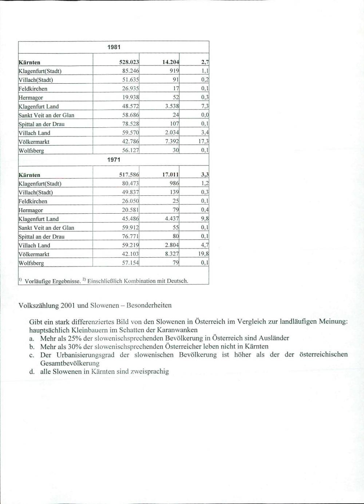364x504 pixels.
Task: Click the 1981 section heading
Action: point(114,47)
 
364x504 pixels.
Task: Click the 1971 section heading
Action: point(114,159)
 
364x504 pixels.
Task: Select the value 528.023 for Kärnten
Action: point(129,62)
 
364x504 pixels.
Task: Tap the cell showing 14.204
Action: point(170,62)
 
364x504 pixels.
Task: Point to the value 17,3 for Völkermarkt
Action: point(203,141)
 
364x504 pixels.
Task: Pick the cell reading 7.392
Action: point(172,141)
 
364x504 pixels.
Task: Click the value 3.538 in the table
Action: point(172,106)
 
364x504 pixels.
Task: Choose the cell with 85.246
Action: point(130,71)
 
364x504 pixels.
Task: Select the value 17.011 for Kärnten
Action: point(170,175)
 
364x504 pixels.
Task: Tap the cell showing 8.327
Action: point(172,254)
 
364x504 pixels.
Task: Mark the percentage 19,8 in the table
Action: point(203,254)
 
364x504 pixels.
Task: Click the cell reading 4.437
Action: point(172,219)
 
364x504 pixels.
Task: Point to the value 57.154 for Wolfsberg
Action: point(130,263)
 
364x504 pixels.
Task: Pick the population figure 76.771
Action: point(130,236)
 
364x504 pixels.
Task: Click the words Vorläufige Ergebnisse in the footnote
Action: point(52,281)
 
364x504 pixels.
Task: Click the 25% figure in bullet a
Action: point(75,338)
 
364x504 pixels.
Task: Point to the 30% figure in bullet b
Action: point(75,346)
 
